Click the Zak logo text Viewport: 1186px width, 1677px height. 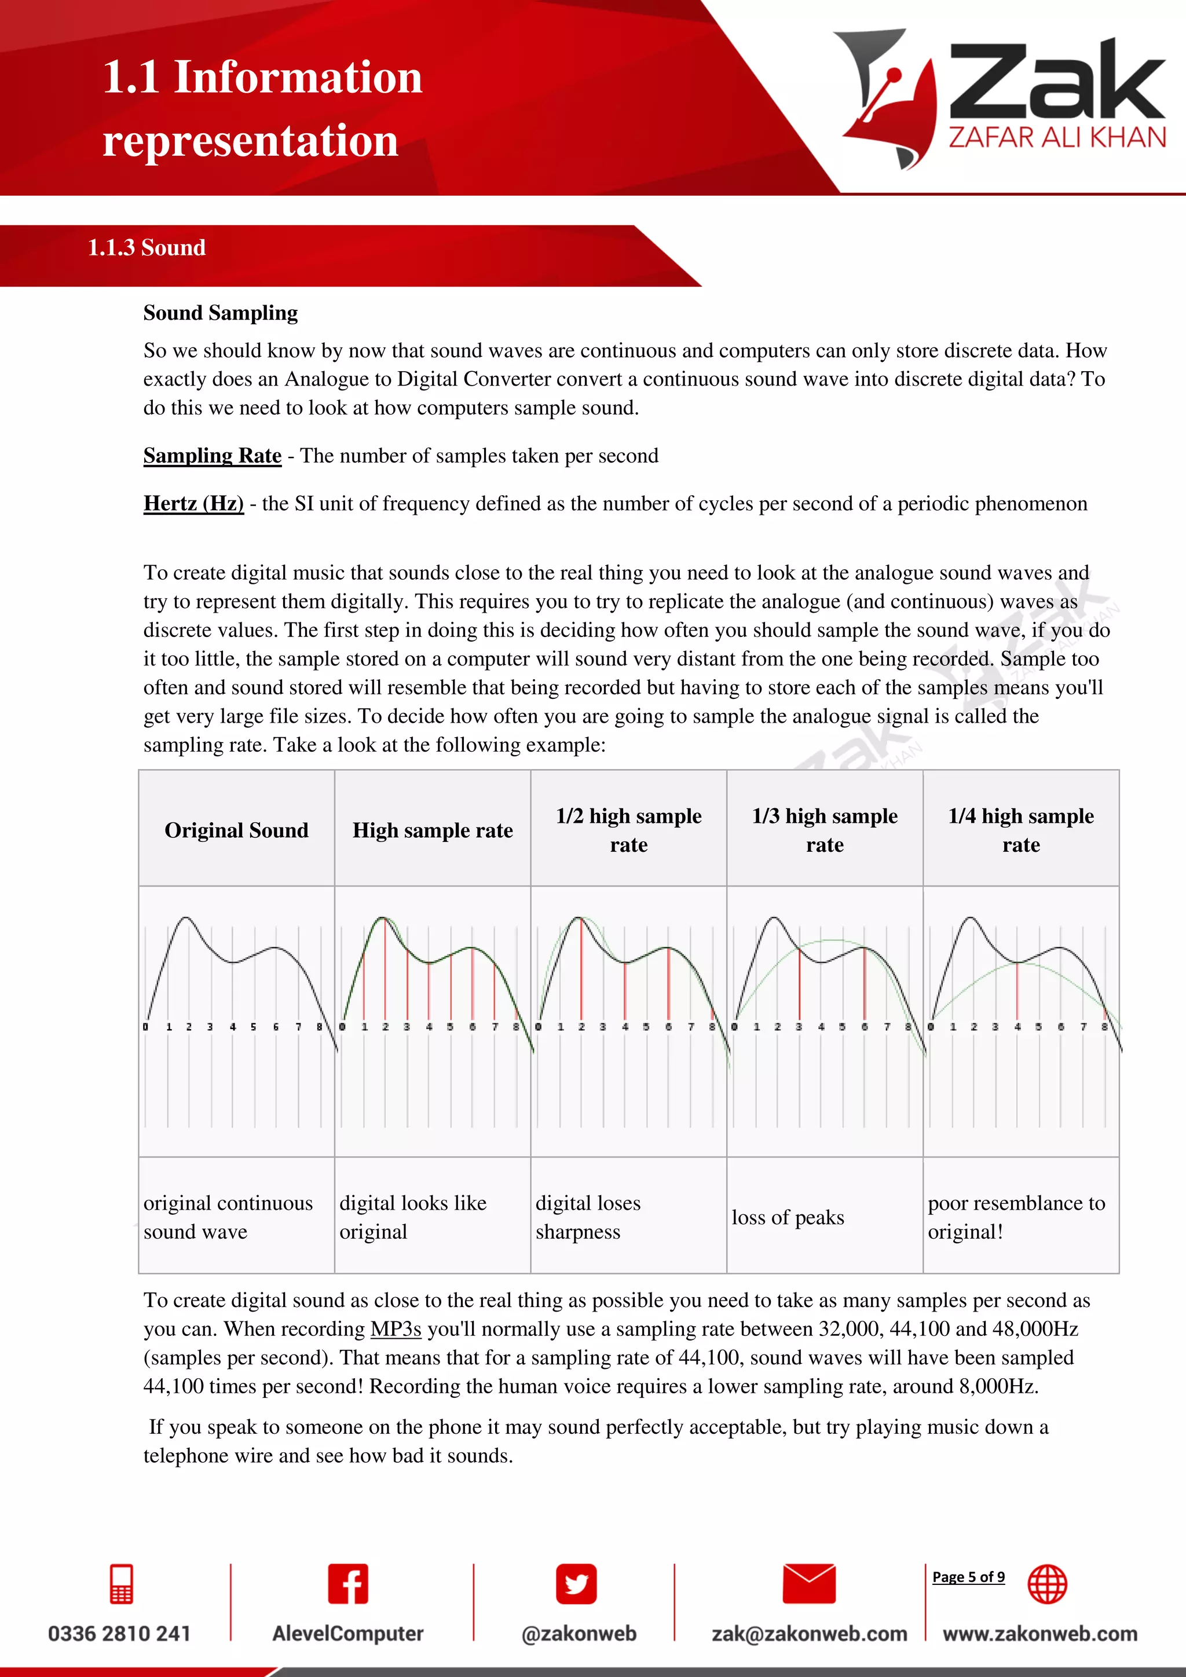1056,82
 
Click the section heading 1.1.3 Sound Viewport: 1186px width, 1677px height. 146,248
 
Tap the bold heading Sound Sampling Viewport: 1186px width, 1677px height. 221,313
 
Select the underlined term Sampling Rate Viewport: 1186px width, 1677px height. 212,456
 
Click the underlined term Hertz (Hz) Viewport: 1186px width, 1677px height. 193,503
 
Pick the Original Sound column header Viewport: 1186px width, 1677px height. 237,830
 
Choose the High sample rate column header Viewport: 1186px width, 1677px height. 433,830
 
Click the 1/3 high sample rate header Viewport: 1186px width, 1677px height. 825,830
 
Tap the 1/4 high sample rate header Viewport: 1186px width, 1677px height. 1021,830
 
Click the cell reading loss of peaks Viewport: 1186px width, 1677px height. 788,1218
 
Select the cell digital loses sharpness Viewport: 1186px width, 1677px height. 588,1218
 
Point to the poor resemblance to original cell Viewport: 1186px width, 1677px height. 1016,1218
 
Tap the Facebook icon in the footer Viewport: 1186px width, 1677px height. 347,1584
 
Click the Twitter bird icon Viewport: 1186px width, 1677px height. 576,1584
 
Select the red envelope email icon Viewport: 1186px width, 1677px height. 808,1584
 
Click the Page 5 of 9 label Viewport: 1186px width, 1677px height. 968,1577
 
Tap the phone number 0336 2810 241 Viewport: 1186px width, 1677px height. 119,1634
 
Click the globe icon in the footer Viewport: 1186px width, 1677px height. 1047,1584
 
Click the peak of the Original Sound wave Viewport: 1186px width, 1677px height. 185,918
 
